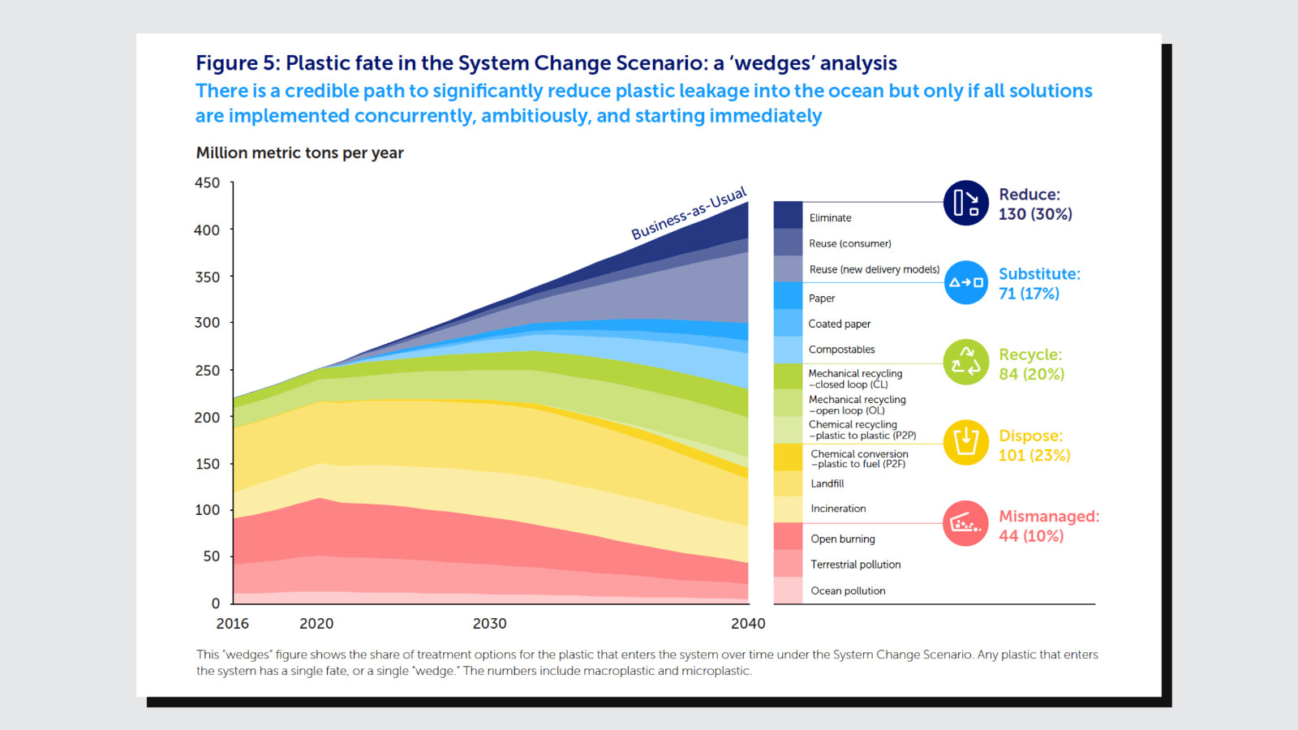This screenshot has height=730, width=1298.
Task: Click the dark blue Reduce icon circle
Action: [x=965, y=203]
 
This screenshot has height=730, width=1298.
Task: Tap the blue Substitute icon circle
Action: [x=966, y=282]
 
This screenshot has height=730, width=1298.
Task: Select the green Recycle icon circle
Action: [x=965, y=362]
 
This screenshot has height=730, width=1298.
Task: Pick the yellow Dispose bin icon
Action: [x=965, y=442]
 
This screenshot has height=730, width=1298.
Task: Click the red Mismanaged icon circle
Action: [x=965, y=523]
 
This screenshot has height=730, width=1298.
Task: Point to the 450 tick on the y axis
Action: [x=208, y=183]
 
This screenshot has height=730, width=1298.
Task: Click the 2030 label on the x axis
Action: [x=489, y=624]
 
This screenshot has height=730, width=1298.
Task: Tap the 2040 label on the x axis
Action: [x=747, y=624]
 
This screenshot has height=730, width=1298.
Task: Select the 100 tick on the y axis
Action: [x=208, y=510]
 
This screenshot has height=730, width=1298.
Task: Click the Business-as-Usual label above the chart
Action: [x=689, y=213]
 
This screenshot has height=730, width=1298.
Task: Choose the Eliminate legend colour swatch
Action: [x=788, y=215]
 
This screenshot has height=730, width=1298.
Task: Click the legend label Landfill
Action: [x=827, y=483]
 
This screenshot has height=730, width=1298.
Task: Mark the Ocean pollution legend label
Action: [x=848, y=591]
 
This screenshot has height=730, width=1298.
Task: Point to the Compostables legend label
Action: [x=841, y=350]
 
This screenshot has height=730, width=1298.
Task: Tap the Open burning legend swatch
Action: [x=788, y=537]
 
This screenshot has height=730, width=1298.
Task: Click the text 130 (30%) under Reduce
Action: [x=1035, y=214]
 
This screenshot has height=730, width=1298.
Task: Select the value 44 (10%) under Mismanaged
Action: [x=1031, y=536]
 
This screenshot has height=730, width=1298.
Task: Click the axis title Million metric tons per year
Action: [x=299, y=153]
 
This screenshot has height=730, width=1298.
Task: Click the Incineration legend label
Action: [x=838, y=509]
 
